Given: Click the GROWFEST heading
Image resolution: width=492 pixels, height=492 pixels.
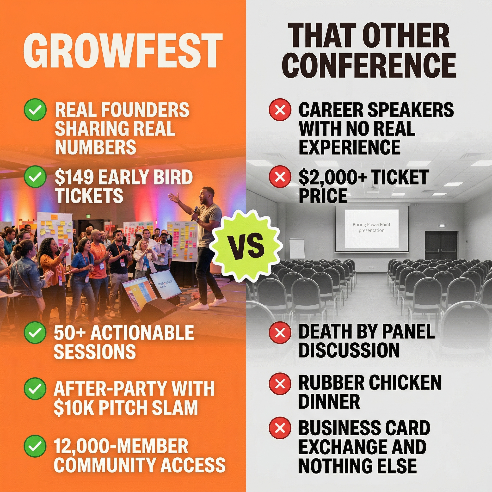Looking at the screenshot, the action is coord(123,51).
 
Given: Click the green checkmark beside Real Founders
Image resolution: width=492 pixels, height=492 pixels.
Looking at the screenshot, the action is coord(35,110).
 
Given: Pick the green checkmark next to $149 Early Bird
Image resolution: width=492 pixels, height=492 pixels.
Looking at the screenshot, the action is coord(35,177).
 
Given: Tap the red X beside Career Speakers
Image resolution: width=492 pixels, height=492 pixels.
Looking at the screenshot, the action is coord(280,110).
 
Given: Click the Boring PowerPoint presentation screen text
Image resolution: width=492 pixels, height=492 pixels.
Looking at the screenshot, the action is coord(371,228).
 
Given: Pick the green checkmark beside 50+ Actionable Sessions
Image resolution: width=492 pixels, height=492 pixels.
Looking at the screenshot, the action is coord(35,333).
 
